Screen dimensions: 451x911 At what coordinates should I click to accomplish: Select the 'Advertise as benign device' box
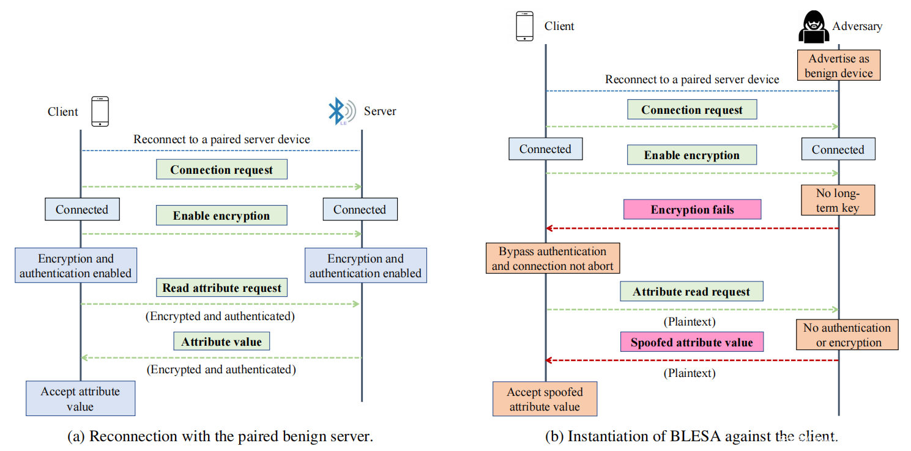point(838,66)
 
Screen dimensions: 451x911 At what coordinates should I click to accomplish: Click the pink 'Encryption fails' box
point(692,209)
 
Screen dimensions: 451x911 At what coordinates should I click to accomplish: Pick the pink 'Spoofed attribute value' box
point(691,342)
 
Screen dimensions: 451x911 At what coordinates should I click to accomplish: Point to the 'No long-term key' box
point(838,201)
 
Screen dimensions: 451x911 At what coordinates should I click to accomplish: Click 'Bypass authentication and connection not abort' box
point(552,258)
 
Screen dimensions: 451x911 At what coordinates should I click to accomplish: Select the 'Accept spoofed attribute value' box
point(545,399)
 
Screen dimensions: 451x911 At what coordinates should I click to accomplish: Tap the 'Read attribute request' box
point(221,288)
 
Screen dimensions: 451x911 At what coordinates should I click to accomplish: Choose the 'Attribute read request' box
point(691,292)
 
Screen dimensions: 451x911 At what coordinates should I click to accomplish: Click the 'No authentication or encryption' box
point(847,335)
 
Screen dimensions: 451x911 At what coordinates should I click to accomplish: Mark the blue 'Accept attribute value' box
point(80,398)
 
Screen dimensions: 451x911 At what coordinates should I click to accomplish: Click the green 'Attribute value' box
point(221,341)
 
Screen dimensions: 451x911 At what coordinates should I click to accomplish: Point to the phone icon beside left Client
point(100,111)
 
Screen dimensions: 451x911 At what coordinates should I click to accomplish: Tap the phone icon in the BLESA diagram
point(524,26)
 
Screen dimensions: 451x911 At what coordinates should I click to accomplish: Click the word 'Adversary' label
point(857,26)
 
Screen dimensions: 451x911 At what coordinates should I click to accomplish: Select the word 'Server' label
point(380,111)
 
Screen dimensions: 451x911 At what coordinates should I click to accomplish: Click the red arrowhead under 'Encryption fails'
point(549,228)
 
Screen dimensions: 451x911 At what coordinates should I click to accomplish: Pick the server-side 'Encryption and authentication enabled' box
point(365,266)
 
